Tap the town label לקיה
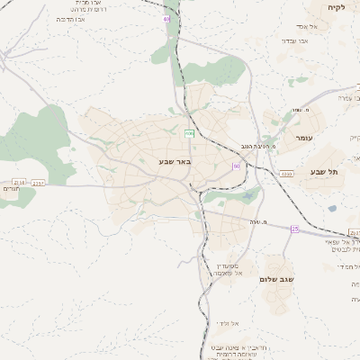pyautogui.click(x=336, y=6)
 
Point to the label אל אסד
pyautogui.click(x=319, y=27)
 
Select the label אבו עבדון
pyautogui.click(x=294, y=40)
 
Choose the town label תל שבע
pyautogui.click(x=320, y=171)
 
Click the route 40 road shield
pyautogui.click(x=166, y=18)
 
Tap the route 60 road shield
pyautogui.click(x=236, y=166)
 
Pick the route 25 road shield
pyautogui.click(x=294, y=229)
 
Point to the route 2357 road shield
pyautogui.click(x=39, y=183)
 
